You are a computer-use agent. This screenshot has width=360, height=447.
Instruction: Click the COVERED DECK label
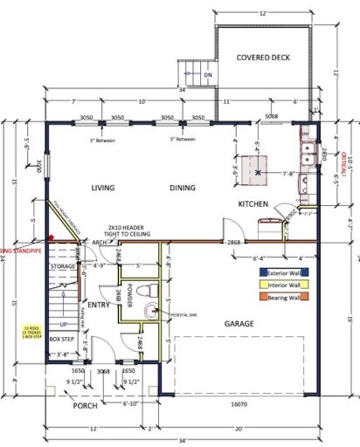tap(263, 58)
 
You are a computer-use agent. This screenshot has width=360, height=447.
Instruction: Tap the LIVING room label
tap(104, 188)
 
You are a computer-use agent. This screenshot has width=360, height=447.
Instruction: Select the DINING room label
tap(183, 188)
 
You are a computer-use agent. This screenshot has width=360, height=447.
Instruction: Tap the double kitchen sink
tap(307, 158)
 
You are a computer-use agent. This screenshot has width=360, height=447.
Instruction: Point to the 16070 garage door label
tap(239, 405)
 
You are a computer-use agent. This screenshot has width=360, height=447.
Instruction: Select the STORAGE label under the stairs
tap(62, 265)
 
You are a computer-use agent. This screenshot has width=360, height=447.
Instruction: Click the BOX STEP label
tap(61, 338)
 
